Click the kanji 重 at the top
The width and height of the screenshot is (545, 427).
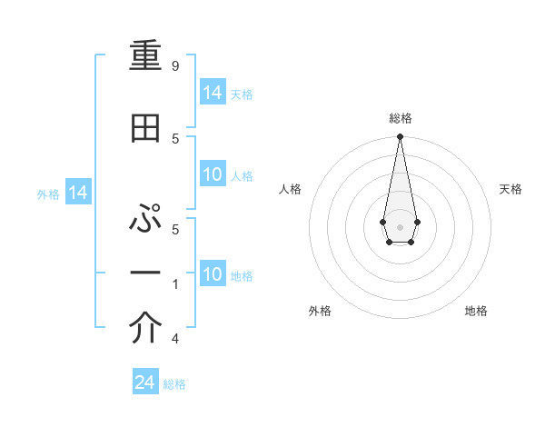click(145, 61)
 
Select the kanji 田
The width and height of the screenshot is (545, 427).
click(145, 130)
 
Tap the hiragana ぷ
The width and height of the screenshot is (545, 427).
click(145, 219)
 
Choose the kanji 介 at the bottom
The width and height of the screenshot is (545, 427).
click(145, 330)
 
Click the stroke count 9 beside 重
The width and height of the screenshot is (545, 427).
click(174, 66)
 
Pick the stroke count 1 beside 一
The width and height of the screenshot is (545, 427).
click(175, 283)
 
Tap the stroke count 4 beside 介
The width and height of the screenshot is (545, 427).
click(174, 339)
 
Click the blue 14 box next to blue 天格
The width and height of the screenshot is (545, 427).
click(213, 94)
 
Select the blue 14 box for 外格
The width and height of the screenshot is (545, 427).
click(77, 193)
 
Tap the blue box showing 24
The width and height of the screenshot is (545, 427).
click(145, 382)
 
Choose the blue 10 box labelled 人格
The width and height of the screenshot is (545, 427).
click(213, 175)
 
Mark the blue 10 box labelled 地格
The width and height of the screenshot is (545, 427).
click(213, 275)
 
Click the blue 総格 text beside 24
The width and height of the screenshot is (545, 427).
click(174, 384)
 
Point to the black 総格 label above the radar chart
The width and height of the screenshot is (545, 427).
click(400, 118)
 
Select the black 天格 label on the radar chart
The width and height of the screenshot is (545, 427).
click(510, 189)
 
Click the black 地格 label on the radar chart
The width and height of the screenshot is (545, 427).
click(476, 311)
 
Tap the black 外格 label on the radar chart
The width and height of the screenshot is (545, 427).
click(320, 311)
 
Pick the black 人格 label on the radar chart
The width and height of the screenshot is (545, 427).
click(291, 189)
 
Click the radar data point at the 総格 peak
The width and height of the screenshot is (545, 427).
click(400, 137)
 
